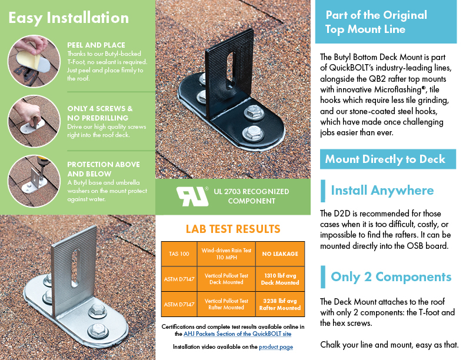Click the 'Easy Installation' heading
tap(69, 18)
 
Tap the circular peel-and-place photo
tap(34, 61)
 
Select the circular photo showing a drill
tap(34, 181)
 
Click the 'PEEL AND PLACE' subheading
tap(96, 45)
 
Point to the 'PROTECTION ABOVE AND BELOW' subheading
tap(104, 169)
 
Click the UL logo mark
tap(192, 196)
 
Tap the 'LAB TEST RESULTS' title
tap(233, 229)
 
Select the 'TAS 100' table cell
tap(179, 254)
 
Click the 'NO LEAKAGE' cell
tap(280, 254)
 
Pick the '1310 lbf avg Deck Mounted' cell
tap(280, 279)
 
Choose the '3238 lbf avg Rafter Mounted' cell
tap(280, 304)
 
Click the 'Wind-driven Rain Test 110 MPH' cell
tap(226, 254)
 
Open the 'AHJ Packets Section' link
tap(238, 334)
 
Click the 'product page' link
tap(276, 347)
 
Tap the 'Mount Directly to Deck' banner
tap(388, 159)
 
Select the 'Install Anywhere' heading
tap(382, 191)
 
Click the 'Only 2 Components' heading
tap(391, 277)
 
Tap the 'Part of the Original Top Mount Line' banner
tap(386, 22)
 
